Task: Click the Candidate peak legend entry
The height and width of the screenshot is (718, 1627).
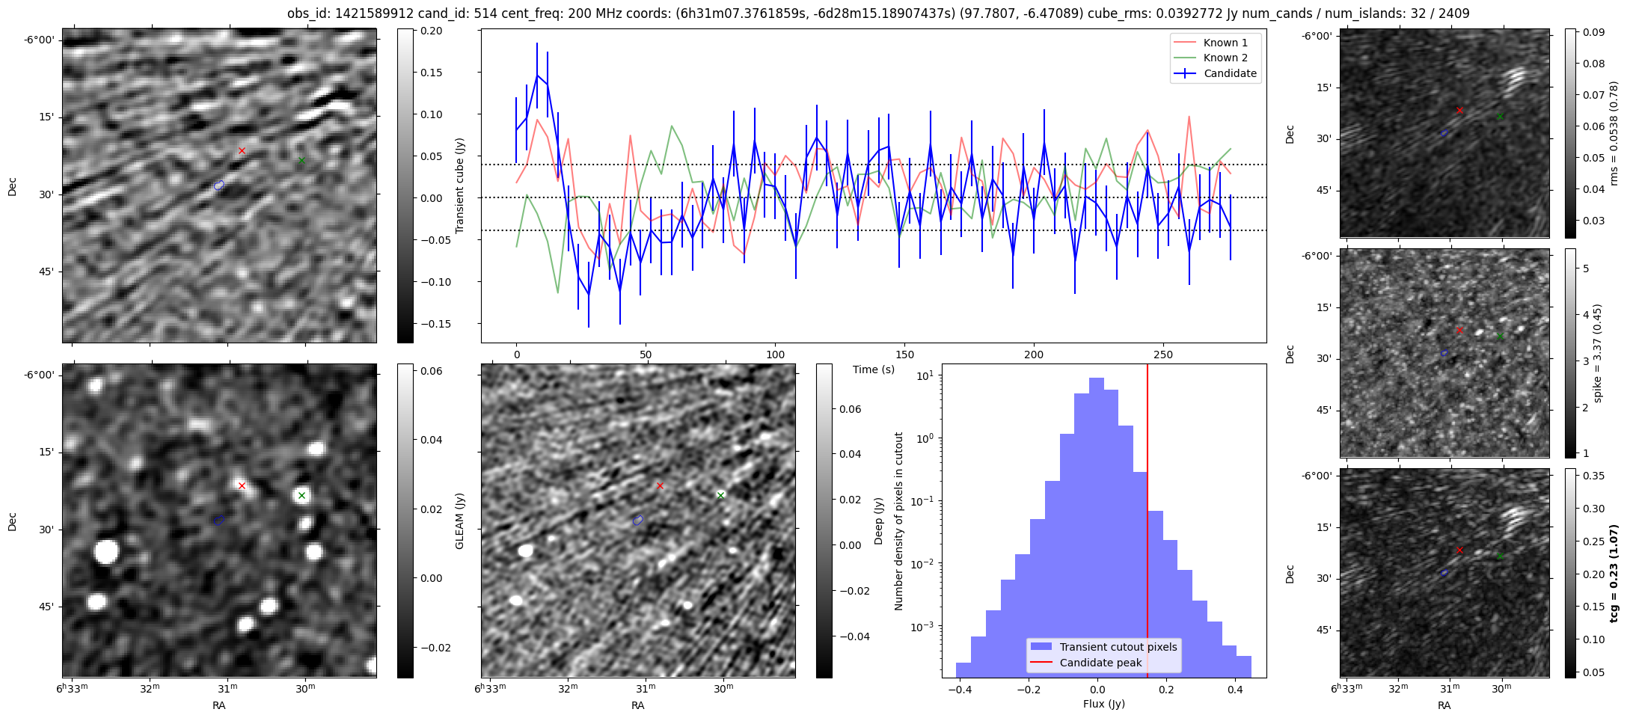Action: click(1100, 663)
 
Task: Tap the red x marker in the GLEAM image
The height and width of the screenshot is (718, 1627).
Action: click(242, 486)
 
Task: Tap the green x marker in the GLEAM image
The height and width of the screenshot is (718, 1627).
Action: click(301, 495)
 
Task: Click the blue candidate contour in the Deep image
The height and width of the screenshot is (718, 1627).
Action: click(637, 520)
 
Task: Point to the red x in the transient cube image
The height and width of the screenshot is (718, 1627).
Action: click(242, 151)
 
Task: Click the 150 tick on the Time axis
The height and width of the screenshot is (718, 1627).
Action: click(904, 355)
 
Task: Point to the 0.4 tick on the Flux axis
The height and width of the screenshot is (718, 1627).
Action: click(1235, 690)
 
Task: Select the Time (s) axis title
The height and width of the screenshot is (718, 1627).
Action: click(874, 369)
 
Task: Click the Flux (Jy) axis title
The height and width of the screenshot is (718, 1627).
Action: click(1103, 704)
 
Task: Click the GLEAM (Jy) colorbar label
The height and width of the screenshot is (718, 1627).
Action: click(459, 521)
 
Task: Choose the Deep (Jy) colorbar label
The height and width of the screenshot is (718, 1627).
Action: click(878, 521)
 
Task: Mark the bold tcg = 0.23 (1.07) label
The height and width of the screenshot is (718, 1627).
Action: click(1615, 573)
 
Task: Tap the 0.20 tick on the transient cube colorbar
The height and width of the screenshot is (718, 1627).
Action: click(432, 31)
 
